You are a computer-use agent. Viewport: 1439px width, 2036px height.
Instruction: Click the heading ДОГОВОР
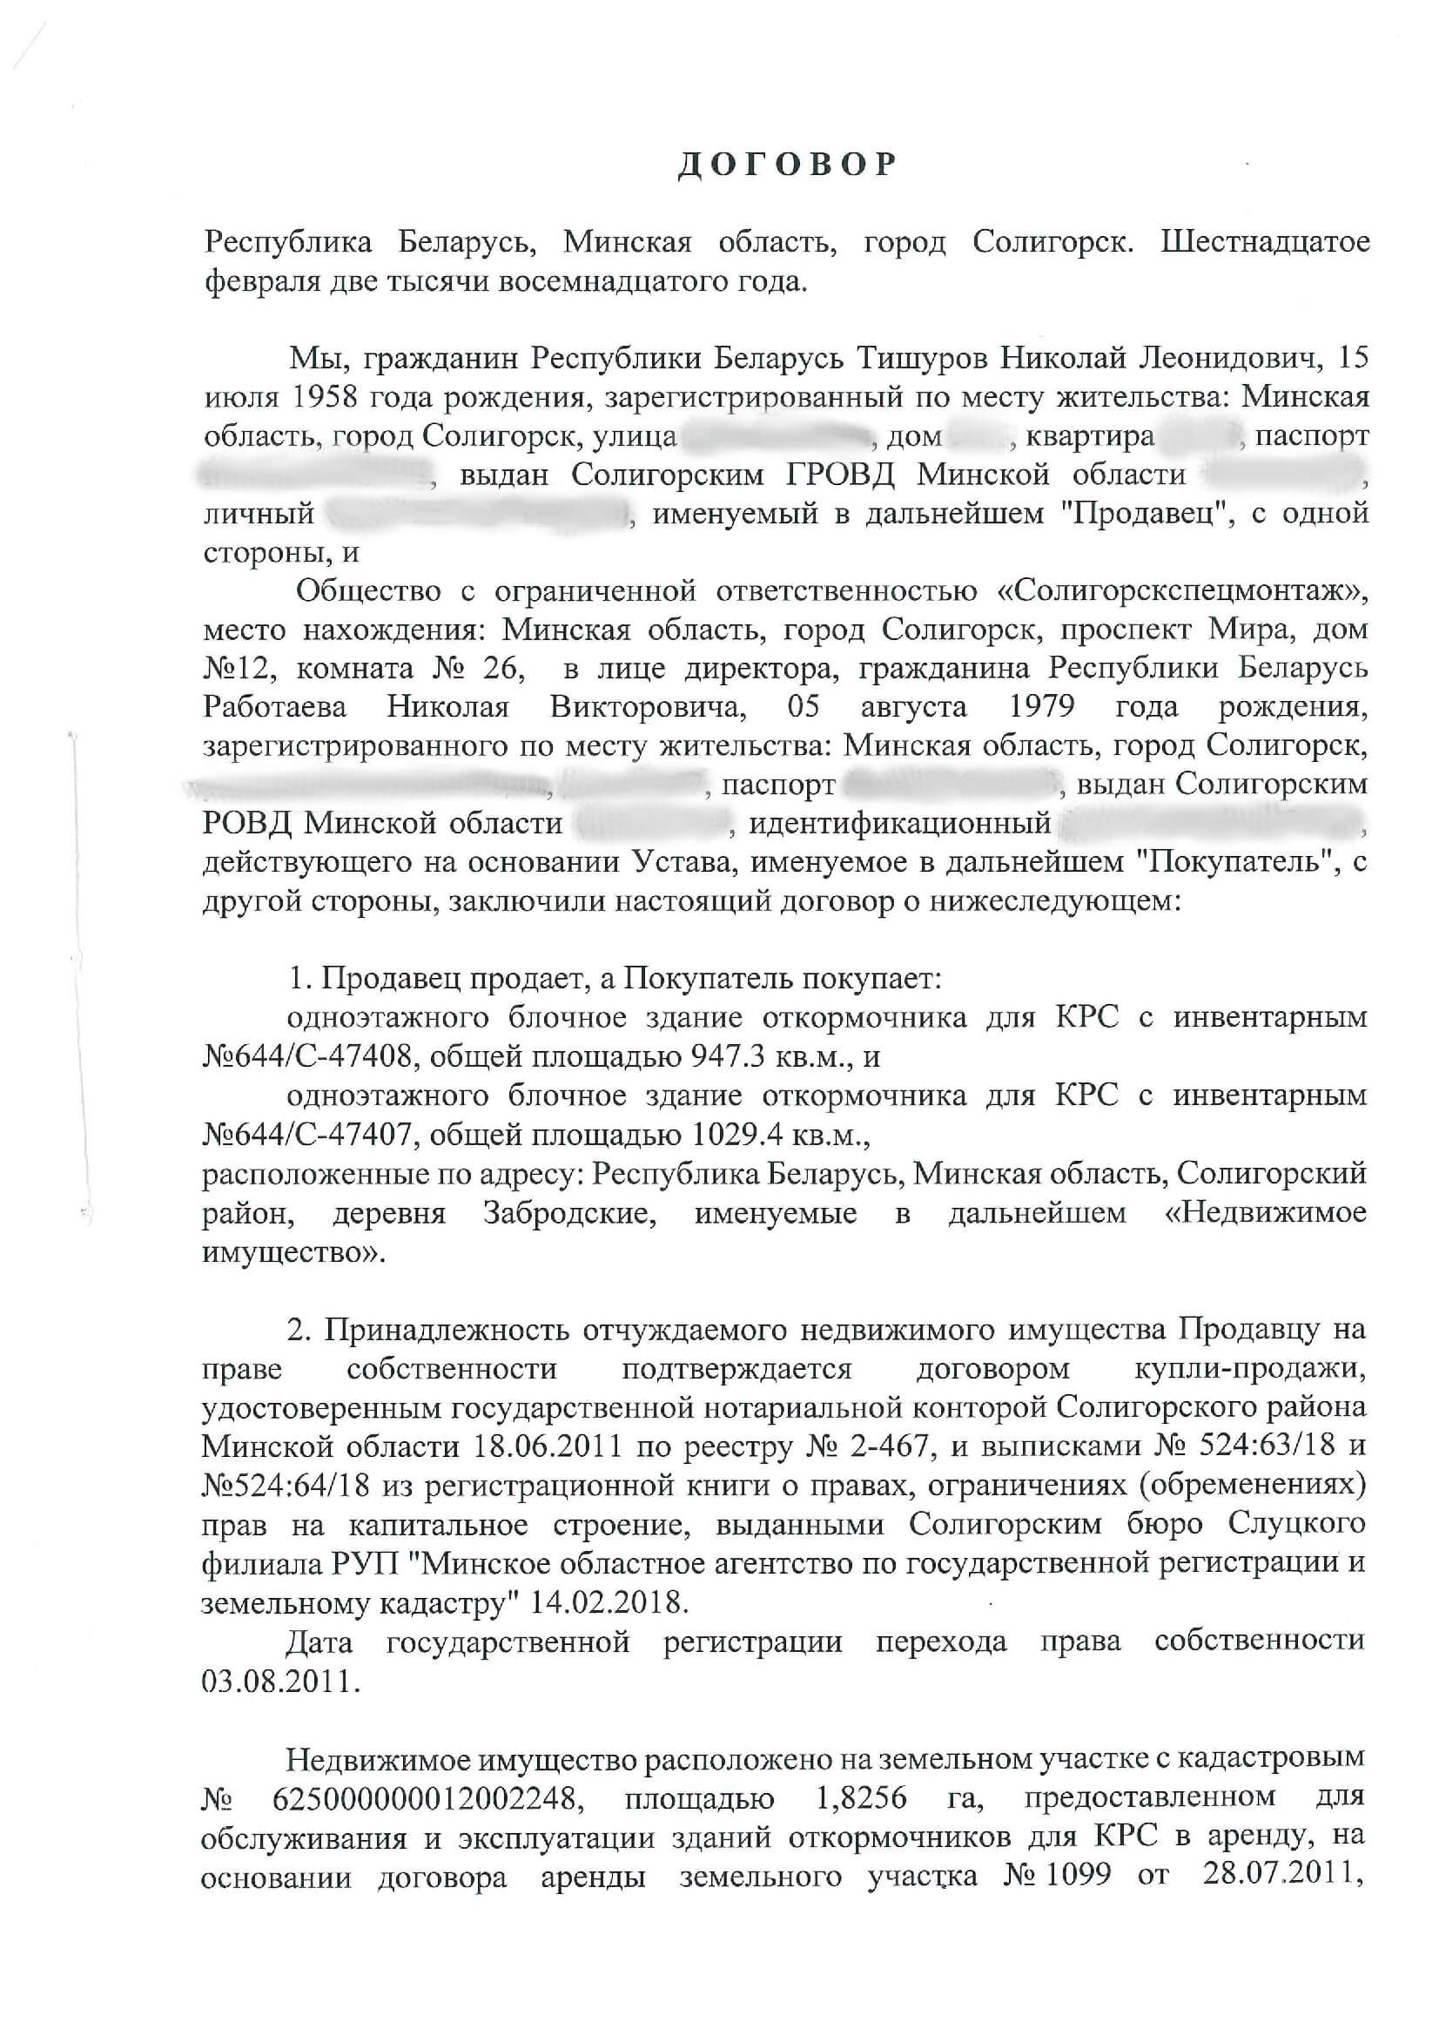coord(787,165)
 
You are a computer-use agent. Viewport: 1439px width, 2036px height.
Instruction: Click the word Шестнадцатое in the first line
coord(1265,241)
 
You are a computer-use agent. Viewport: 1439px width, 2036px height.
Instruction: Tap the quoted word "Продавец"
coord(1144,514)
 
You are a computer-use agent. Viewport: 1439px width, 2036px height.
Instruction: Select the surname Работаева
coord(275,707)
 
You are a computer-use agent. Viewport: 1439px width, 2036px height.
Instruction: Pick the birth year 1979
coord(1042,707)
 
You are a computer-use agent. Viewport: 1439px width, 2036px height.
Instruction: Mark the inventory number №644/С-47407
coord(306,1135)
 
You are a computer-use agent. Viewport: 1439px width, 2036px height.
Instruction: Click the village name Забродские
coord(569,1213)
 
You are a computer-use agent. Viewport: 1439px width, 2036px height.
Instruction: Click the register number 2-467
coord(885,1446)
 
